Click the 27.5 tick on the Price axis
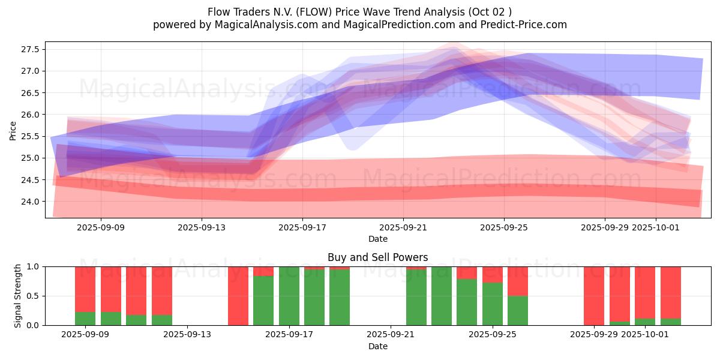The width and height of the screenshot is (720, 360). [32, 49]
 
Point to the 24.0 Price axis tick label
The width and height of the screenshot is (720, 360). [32, 202]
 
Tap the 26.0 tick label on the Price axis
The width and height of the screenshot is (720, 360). [32, 115]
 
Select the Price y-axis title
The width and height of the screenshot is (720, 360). [13, 131]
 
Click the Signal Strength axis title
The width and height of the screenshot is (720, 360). [17, 296]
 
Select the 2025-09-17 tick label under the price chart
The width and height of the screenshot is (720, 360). [302, 228]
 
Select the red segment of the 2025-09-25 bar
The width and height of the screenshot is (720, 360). [493, 274]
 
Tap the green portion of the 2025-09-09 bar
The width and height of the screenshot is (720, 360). [85, 319]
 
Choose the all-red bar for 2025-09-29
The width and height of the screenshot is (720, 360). [594, 296]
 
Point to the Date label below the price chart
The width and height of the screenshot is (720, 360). [377, 239]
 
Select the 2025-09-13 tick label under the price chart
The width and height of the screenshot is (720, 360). [202, 228]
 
